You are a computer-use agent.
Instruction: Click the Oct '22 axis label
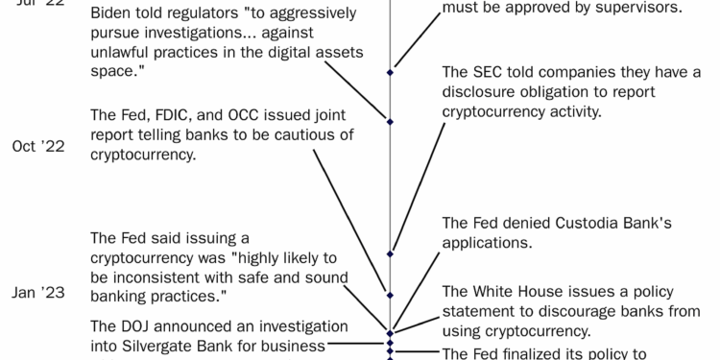38,147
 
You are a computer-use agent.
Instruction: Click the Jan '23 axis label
38,294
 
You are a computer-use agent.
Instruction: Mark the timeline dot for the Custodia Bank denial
390,253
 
